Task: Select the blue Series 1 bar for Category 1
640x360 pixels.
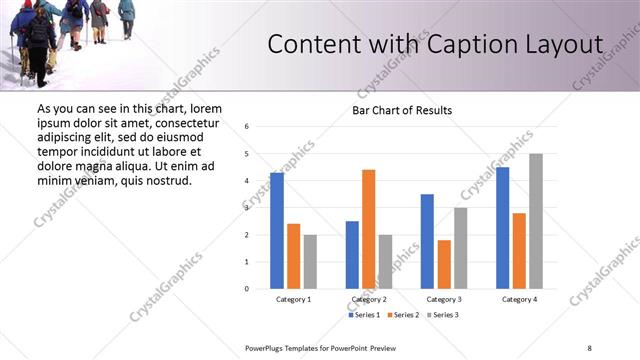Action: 277,231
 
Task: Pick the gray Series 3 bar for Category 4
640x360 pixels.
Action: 536,221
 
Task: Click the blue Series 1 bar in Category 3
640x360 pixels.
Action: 427,241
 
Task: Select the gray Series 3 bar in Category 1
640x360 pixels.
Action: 310,262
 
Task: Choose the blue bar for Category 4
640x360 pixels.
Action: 503,228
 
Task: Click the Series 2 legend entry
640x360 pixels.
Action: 402,315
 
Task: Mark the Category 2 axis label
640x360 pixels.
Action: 369,300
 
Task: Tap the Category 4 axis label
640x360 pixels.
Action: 520,300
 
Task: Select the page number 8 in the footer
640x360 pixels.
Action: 589,348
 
